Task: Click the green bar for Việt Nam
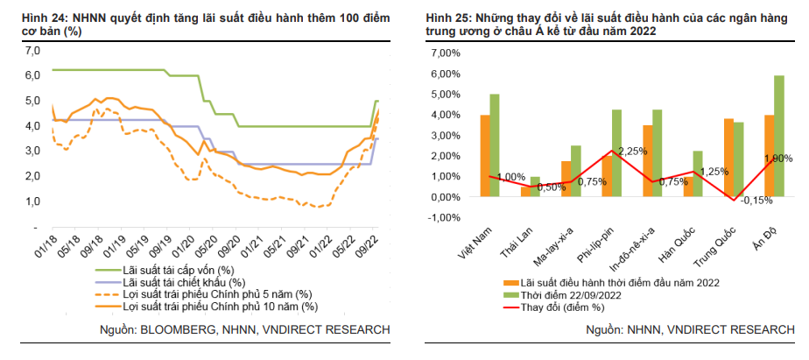coord(495,145)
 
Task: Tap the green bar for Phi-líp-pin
coord(616,153)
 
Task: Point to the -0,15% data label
coord(755,200)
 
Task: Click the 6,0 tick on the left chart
coord(33,75)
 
